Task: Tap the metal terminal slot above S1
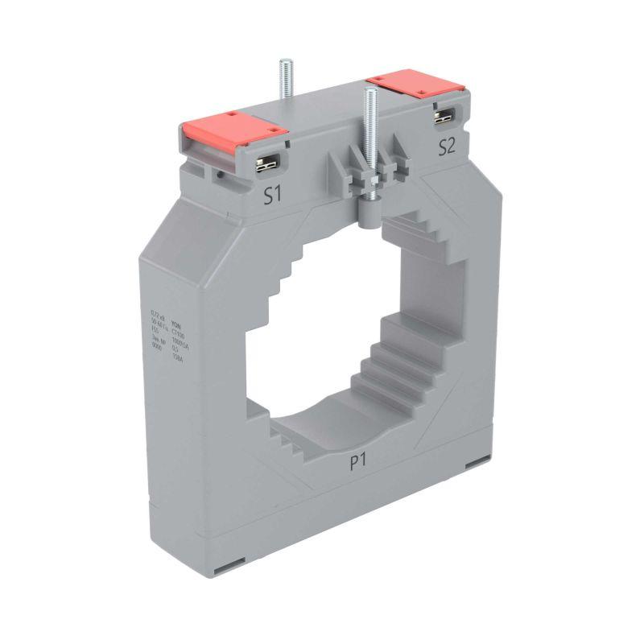pyautogui.click(x=266, y=164)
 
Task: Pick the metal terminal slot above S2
pyautogui.click(x=442, y=118)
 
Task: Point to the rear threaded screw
pyautogui.click(x=283, y=80)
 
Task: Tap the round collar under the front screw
pyautogui.click(x=369, y=212)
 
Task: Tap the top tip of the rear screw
pyautogui.click(x=283, y=61)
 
